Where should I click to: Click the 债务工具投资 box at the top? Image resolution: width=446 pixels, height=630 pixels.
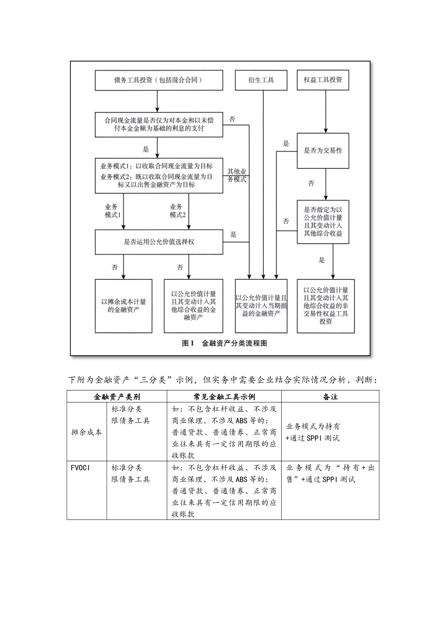[159, 80]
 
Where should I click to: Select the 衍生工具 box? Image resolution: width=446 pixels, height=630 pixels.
[261, 80]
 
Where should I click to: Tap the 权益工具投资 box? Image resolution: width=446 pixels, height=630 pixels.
[325, 80]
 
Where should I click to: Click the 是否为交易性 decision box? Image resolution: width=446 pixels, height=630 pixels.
[323, 151]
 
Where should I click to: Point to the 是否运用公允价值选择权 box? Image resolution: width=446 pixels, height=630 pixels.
[159, 242]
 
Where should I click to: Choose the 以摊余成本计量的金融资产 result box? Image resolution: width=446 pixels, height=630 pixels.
[123, 306]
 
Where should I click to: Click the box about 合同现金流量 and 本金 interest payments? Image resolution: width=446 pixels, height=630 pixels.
[159, 124]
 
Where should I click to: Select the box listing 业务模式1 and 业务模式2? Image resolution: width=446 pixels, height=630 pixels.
[159, 175]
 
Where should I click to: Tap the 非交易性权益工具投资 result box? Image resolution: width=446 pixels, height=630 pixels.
[325, 306]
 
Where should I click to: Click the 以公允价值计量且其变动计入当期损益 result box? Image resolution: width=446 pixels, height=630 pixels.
[261, 306]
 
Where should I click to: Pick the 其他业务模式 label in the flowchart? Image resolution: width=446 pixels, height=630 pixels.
[237, 176]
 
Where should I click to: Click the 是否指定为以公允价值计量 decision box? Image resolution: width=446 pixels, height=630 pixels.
[323, 222]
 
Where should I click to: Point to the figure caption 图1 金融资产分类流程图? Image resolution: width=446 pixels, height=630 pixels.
[224, 343]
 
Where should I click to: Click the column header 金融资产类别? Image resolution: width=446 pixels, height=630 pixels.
[116, 397]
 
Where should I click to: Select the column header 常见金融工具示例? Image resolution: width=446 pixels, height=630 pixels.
[224, 397]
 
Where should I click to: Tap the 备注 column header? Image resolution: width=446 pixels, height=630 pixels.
[330, 397]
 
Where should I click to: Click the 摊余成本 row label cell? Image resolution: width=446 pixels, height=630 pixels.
[86, 432]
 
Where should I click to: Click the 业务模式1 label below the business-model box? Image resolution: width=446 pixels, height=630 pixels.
[113, 211]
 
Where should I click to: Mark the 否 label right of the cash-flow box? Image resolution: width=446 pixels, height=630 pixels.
[232, 120]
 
